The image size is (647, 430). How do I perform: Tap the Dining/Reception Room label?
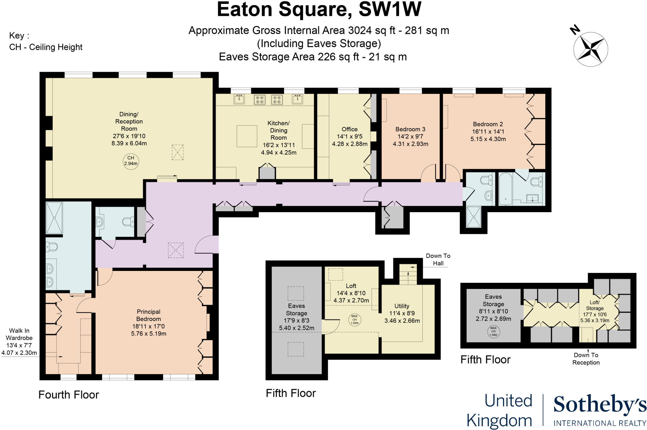129,121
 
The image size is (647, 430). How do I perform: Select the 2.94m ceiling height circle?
131,161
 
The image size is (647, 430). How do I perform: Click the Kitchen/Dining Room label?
278,130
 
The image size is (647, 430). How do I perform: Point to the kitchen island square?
247,136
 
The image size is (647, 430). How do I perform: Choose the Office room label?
349,129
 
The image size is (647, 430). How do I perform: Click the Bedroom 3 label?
410,129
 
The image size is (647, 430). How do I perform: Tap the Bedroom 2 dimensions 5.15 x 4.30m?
488,139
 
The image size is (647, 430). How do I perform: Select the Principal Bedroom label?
148,315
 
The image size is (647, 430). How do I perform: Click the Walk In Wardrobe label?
19,334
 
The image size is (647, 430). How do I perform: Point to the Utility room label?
402,306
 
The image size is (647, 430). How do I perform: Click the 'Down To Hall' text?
438,260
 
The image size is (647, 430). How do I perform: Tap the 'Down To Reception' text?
586,359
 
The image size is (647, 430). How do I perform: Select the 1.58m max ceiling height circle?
493,332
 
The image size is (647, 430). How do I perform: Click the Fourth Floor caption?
69,395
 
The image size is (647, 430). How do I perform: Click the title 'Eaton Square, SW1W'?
319,9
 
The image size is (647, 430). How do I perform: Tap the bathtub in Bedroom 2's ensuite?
505,189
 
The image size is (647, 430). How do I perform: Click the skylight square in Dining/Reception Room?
178,152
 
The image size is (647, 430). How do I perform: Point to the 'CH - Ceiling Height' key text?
46,47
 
